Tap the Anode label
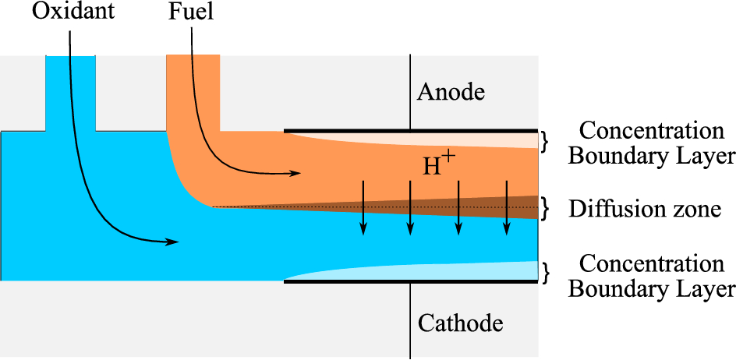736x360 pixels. pos(451,92)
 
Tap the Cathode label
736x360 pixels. pos(459,322)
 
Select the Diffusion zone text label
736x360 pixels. pos(645,209)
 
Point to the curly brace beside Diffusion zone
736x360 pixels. pos(547,207)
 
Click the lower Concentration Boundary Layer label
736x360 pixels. pos(651,276)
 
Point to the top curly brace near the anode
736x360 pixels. pos(547,140)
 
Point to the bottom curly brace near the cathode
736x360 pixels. pos(547,272)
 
